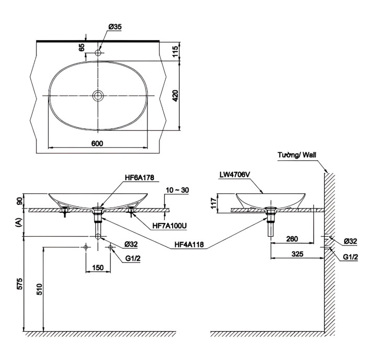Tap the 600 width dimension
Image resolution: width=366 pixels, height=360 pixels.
point(97,144)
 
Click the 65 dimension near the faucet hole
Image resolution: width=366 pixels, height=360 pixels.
point(82,47)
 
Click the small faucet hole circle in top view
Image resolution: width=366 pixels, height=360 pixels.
point(98,53)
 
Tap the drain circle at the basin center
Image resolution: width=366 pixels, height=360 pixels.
point(98,95)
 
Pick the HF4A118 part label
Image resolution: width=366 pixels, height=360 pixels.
point(189,243)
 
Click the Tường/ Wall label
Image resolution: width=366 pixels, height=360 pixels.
point(298,155)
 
